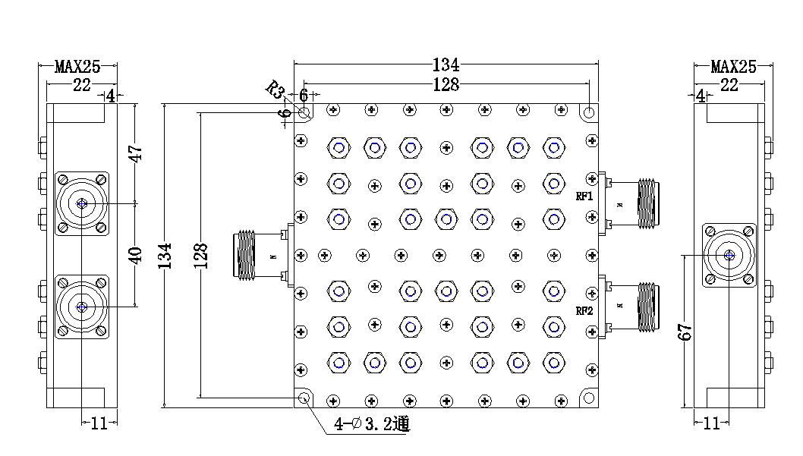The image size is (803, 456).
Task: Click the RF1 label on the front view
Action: pyautogui.click(x=584, y=196)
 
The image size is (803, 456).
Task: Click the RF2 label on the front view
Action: pyautogui.click(x=584, y=310)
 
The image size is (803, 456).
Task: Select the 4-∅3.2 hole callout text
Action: pyautogui.click(x=372, y=424)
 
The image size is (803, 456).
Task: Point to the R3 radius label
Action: pyautogui.click(x=274, y=90)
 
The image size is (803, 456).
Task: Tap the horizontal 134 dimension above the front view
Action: pyautogui.click(x=446, y=65)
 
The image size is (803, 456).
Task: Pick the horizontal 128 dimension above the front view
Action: pyautogui.click(x=446, y=84)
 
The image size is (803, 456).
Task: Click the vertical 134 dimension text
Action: pyautogui.click(x=165, y=255)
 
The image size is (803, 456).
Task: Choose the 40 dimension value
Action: pyautogui.click(x=136, y=255)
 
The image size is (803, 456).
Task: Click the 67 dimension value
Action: pyautogui.click(x=686, y=332)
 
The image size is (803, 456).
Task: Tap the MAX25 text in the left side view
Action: pyautogui.click(x=77, y=67)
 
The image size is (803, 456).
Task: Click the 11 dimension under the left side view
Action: pyautogui.click(x=99, y=423)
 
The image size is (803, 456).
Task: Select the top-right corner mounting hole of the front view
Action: pyautogui.click(x=589, y=112)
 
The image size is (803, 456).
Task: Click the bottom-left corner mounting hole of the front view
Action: pyautogui.click(x=304, y=398)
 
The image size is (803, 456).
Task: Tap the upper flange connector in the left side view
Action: pyautogui.click(x=81, y=203)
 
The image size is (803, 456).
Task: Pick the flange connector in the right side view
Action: pyautogui.click(x=729, y=255)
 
